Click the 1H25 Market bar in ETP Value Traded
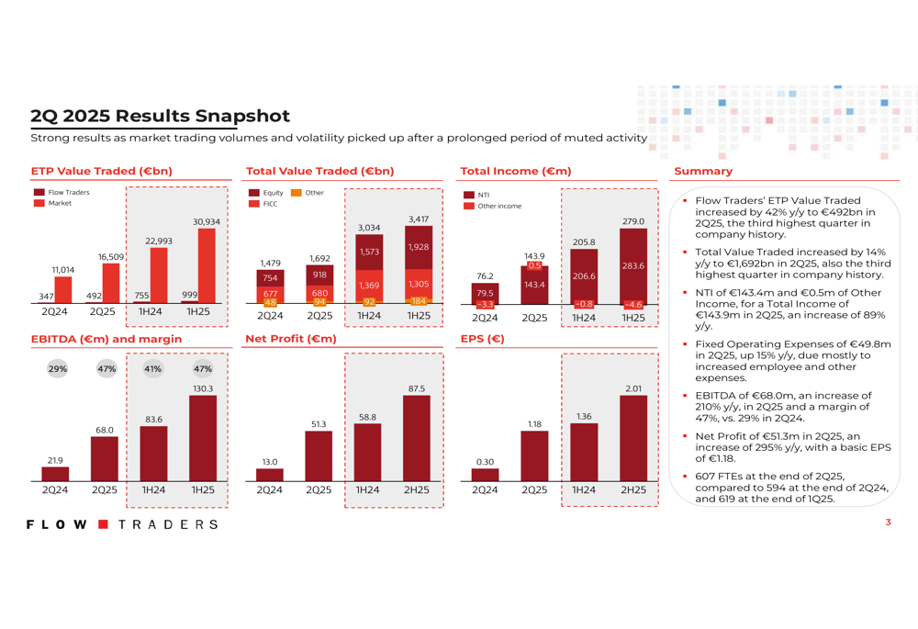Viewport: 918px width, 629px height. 207,265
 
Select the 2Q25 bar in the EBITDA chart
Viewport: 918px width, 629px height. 105,458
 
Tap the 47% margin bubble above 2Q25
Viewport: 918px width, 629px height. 106,369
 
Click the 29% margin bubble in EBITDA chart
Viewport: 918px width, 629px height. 57,369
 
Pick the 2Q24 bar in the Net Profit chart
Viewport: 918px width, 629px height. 269,475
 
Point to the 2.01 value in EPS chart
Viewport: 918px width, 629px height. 633,388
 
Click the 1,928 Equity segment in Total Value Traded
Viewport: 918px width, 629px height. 419,247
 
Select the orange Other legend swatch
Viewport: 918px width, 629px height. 297,193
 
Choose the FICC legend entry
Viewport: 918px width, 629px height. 263,204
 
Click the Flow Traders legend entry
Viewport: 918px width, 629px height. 62,192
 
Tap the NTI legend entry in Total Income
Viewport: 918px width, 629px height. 476,195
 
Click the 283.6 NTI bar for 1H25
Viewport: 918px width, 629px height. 633,266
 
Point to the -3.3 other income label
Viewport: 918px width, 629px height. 486,305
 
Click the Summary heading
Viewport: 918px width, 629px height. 703,171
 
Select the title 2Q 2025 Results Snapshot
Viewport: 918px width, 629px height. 160,116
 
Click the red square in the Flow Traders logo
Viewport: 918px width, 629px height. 103,524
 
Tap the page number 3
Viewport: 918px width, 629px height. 888,522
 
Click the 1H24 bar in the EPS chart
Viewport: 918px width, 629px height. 584,452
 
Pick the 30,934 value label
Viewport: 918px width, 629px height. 207,222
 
